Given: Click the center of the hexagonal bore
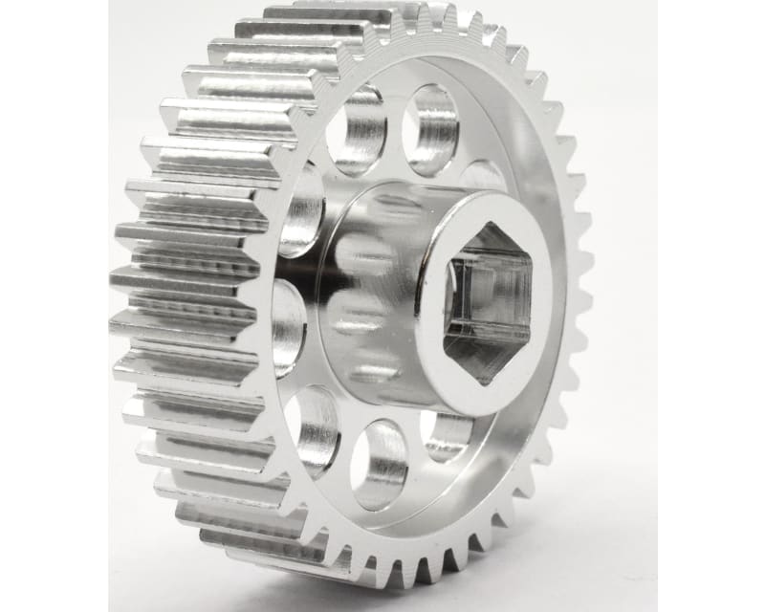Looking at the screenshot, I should pyautogui.click(x=489, y=303).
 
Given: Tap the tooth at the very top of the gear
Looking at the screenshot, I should pyautogui.click(x=421, y=11).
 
